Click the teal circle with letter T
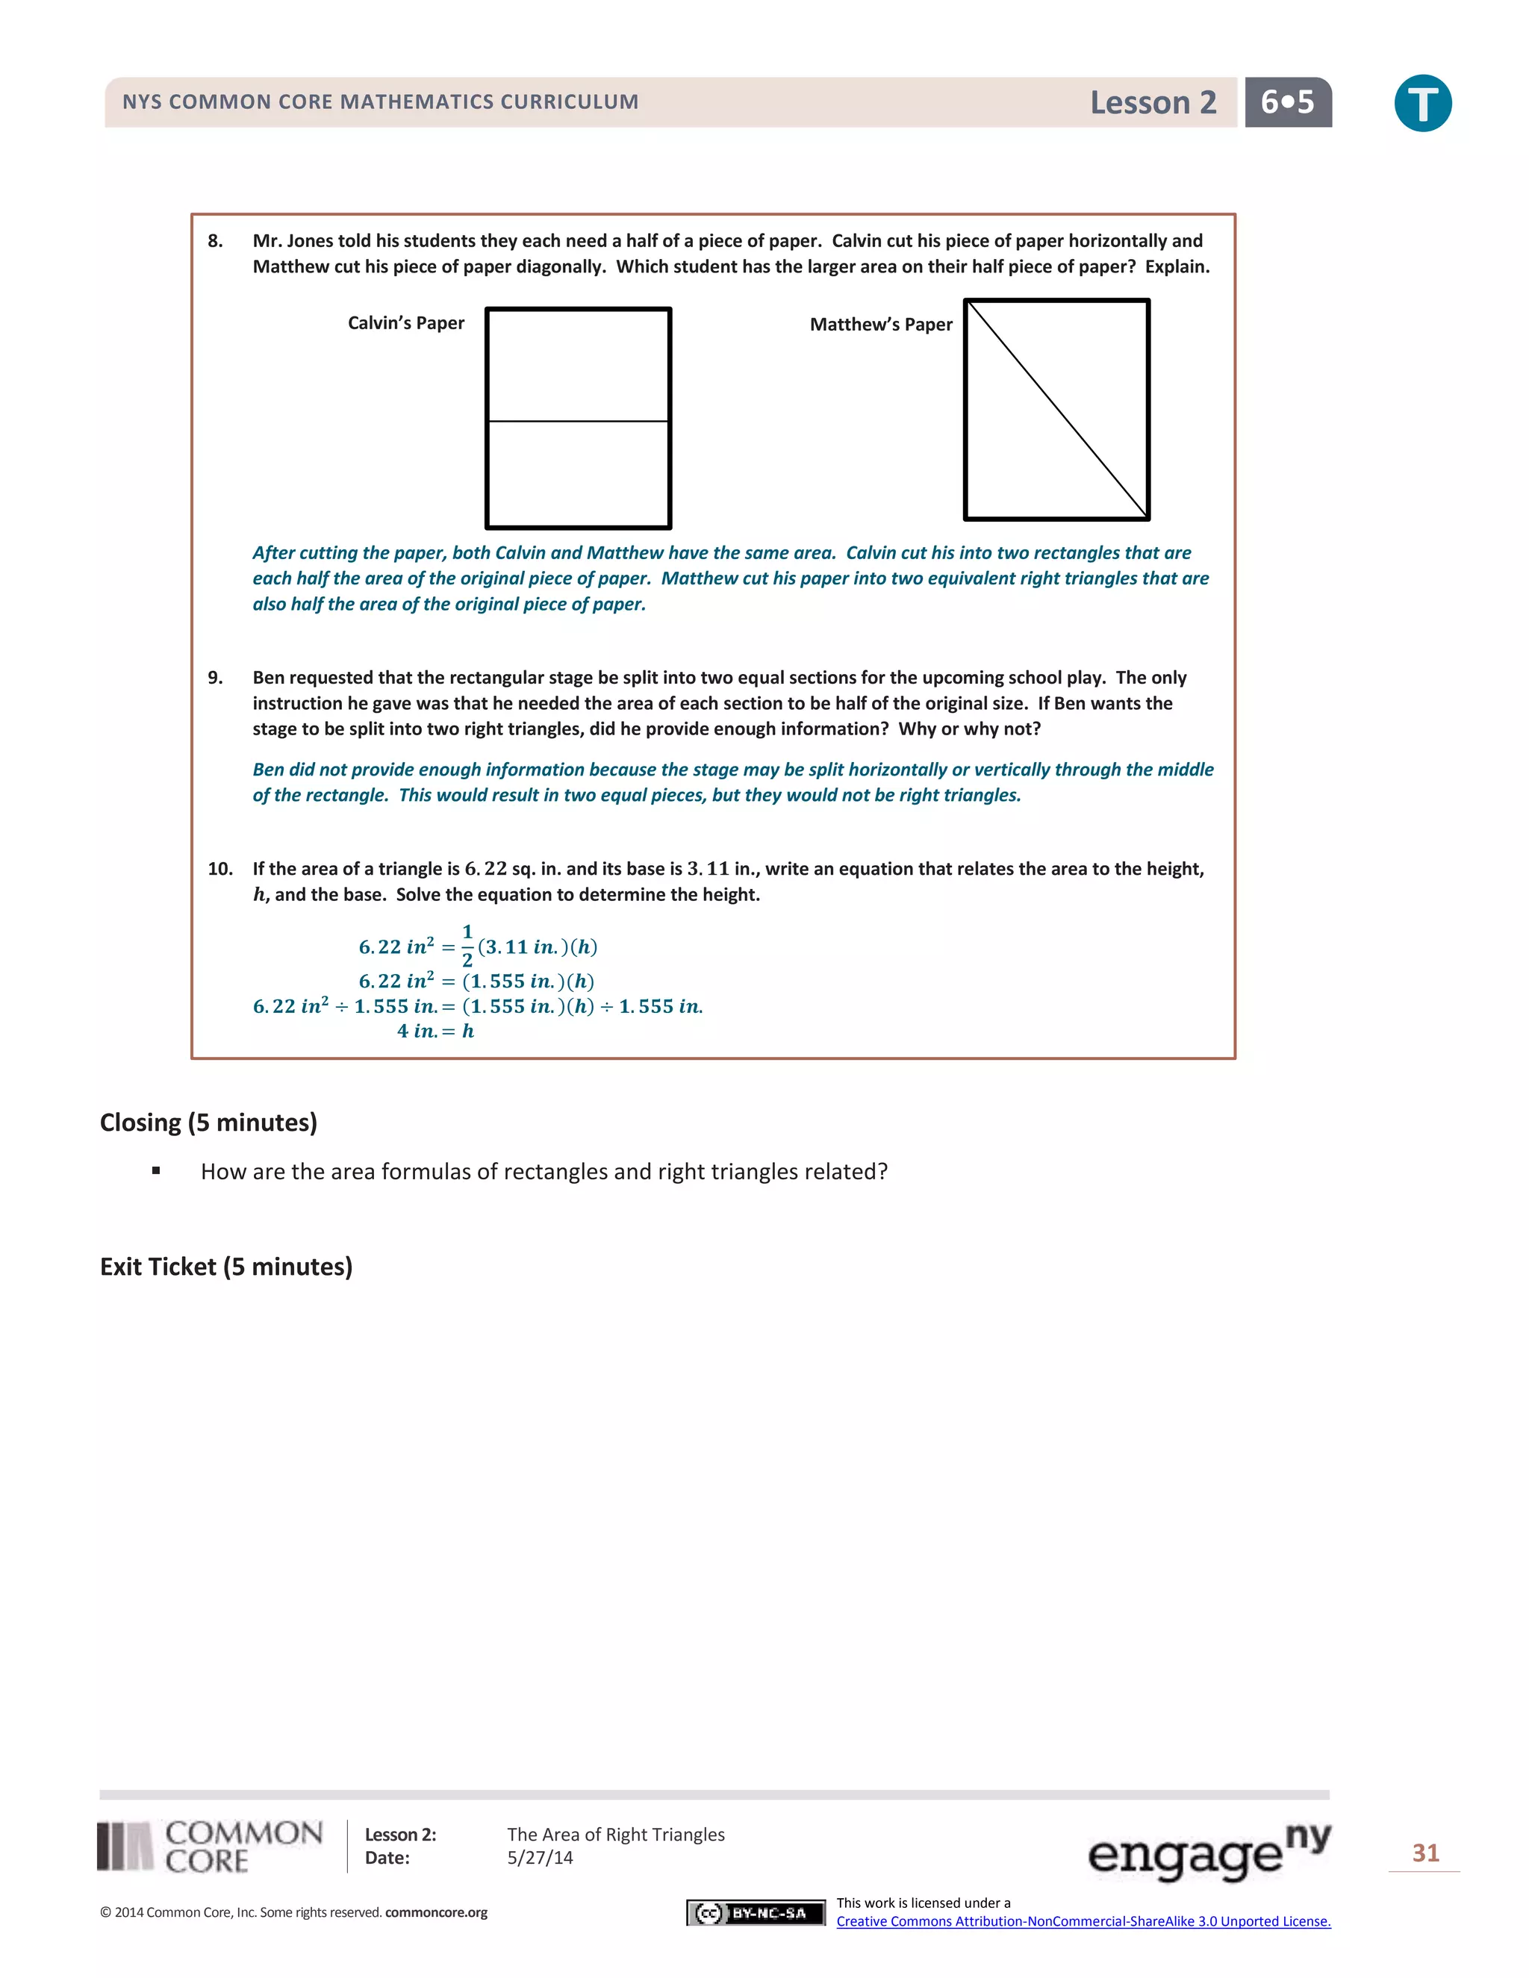tap(1422, 103)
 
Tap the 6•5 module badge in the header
tap(1287, 102)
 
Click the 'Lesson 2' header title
tap(1152, 102)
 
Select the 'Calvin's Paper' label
tap(406, 323)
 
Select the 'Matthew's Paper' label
tap(880, 324)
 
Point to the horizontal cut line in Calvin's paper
tap(578, 421)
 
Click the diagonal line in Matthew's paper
tap(1057, 409)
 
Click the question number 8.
tap(215, 241)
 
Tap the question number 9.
tap(215, 678)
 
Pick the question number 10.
tap(220, 869)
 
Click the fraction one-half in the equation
tap(467, 946)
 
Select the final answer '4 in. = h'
tap(436, 1031)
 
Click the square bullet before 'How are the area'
tap(157, 1171)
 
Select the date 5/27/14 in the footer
tap(540, 1858)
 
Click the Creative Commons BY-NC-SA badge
tap(756, 1913)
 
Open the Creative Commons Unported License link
tap(1083, 1921)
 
